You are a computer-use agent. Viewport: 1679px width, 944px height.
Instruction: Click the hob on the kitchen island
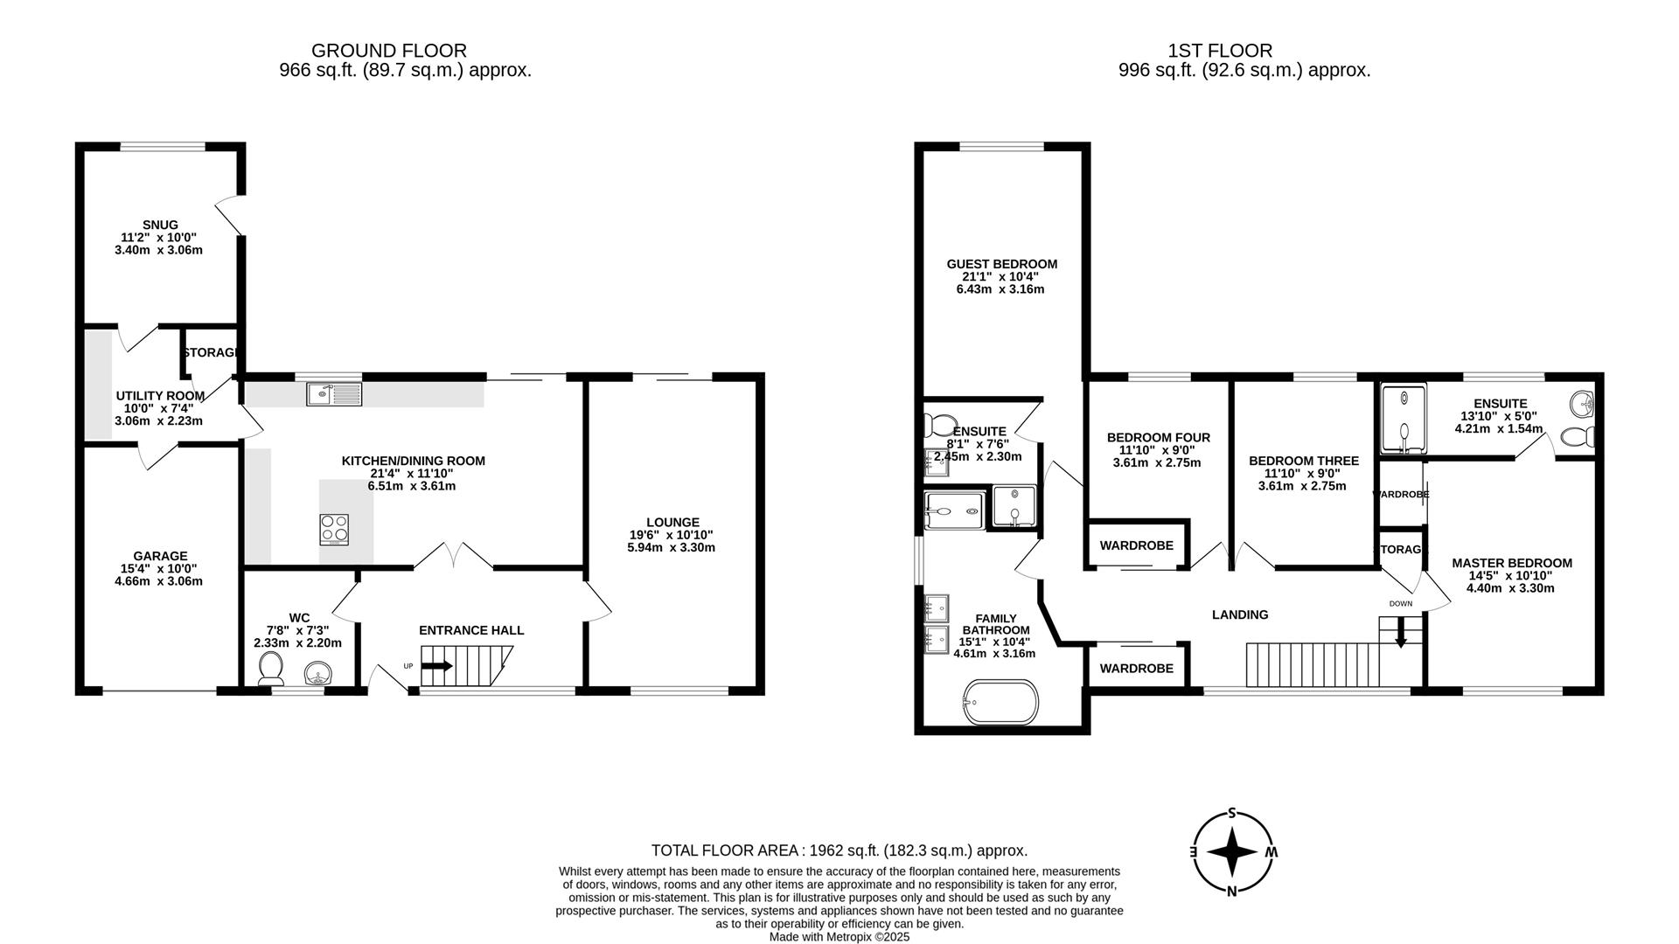(x=333, y=529)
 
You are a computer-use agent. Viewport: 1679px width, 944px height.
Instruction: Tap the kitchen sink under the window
(x=334, y=395)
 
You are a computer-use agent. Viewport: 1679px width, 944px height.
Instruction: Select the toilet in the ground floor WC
(x=272, y=670)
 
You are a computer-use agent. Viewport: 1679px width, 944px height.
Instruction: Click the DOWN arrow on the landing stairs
(x=1400, y=632)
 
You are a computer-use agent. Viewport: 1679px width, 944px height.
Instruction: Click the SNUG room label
(x=160, y=225)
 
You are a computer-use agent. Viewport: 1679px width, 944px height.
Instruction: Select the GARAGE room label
(x=160, y=556)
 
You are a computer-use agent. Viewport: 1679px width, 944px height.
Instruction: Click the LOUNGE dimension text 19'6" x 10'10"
(x=671, y=535)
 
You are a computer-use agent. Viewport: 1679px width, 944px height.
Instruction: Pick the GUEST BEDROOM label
(x=1001, y=264)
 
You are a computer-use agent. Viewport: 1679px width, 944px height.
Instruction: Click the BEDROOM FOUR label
(x=1158, y=437)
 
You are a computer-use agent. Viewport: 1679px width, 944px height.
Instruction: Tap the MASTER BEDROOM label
(x=1511, y=563)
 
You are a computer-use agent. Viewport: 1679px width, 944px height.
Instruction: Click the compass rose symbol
(x=1232, y=852)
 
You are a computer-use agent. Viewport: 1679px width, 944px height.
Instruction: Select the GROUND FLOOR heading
(x=389, y=51)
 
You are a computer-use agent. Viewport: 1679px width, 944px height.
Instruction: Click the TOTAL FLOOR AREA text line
(x=839, y=850)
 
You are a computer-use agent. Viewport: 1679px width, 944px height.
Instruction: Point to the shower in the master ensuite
(x=1404, y=419)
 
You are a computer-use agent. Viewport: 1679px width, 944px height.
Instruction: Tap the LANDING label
(x=1239, y=614)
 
